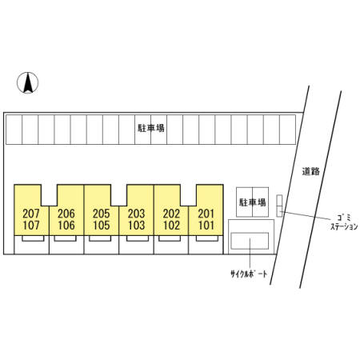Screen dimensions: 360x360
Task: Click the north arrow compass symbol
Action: [28, 82]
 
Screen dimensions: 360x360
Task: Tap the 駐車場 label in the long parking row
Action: [151, 128]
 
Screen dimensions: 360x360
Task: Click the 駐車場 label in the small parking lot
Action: [252, 202]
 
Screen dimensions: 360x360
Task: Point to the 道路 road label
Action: [311, 171]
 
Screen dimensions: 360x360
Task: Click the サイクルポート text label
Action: [249, 274]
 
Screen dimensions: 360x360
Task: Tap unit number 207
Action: [31, 214]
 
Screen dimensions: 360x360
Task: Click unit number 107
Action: [31, 226]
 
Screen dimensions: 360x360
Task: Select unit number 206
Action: [66, 214]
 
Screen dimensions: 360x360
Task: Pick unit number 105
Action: [102, 226]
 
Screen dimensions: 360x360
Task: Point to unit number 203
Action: [136, 214]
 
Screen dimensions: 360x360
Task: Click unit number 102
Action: [171, 226]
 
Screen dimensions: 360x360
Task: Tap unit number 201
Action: [206, 214]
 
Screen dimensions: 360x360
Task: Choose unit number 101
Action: [206, 226]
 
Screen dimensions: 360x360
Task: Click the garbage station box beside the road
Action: [279, 206]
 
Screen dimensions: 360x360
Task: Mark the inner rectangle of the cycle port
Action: [250, 241]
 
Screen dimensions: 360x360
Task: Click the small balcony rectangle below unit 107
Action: [33, 238]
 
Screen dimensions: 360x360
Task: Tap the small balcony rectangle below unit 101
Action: [207, 238]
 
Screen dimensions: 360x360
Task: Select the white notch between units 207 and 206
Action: [50, 195]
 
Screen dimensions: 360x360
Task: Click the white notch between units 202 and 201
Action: [189, 195]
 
